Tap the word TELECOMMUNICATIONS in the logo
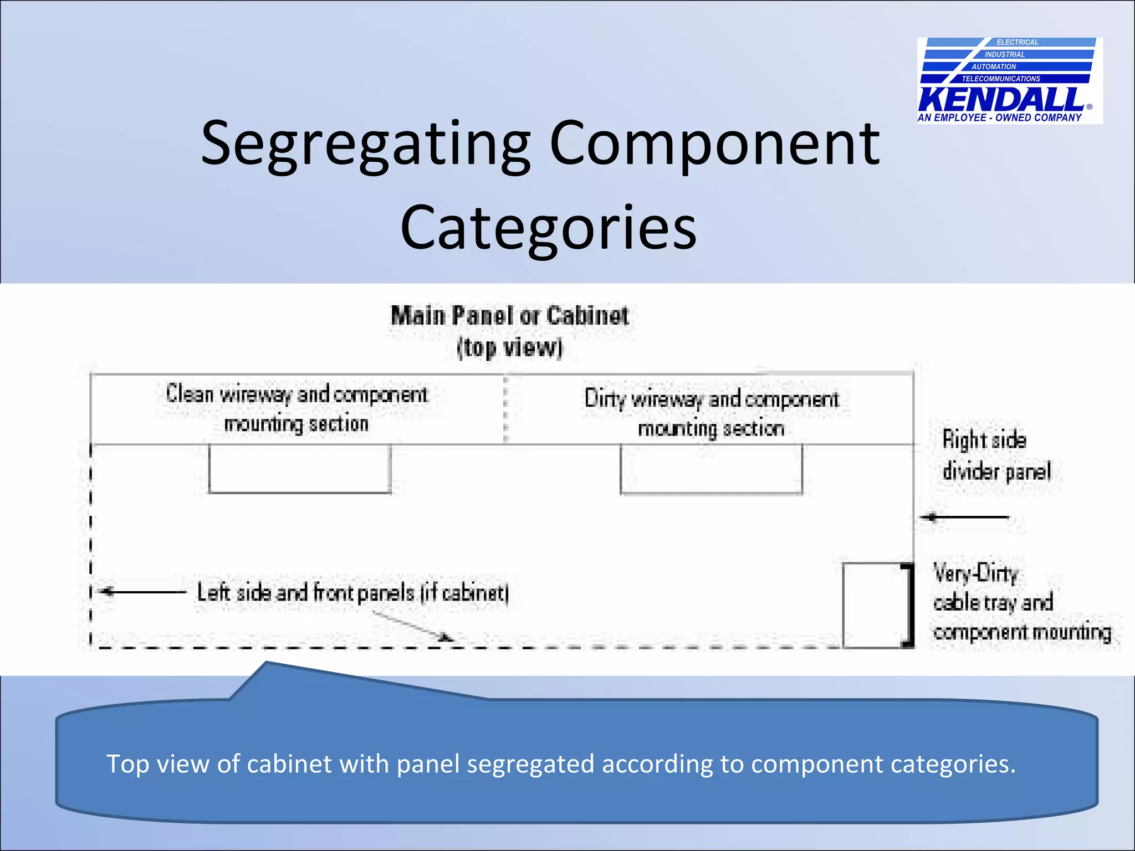1001,79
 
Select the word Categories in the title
548,228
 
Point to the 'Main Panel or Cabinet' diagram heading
510,316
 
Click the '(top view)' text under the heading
510,348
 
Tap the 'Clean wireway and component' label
297,394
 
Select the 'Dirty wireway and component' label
712,399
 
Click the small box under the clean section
300,469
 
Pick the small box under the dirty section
711,469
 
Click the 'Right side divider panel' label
995,455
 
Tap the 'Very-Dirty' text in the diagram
976,573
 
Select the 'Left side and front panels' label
353,593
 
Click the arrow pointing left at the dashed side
143,592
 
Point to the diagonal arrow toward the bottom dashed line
413,627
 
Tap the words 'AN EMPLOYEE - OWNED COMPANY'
999,117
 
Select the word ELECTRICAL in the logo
1018,42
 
